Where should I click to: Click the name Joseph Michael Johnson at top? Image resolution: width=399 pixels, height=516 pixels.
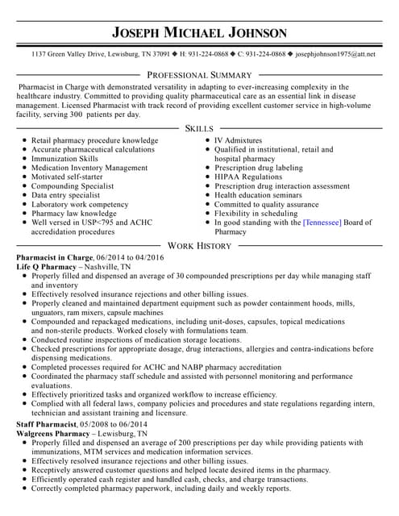[199, 32]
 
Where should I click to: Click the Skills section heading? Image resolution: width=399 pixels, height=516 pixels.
[199, 128]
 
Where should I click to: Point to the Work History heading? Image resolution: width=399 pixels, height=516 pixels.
[199, 245]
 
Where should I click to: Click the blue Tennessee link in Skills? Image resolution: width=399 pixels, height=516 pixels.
[322, 222]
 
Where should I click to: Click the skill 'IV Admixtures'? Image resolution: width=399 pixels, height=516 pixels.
[238, 140]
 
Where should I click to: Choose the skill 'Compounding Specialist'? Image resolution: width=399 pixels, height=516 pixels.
[73, 185]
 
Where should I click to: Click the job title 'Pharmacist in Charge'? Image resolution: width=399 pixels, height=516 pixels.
[55, 256]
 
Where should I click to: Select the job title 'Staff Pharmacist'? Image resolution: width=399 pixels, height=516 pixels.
[47, 423]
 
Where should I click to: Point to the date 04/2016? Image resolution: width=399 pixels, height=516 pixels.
[148, 256]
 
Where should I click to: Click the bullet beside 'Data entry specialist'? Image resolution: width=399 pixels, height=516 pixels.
[24, 195]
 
